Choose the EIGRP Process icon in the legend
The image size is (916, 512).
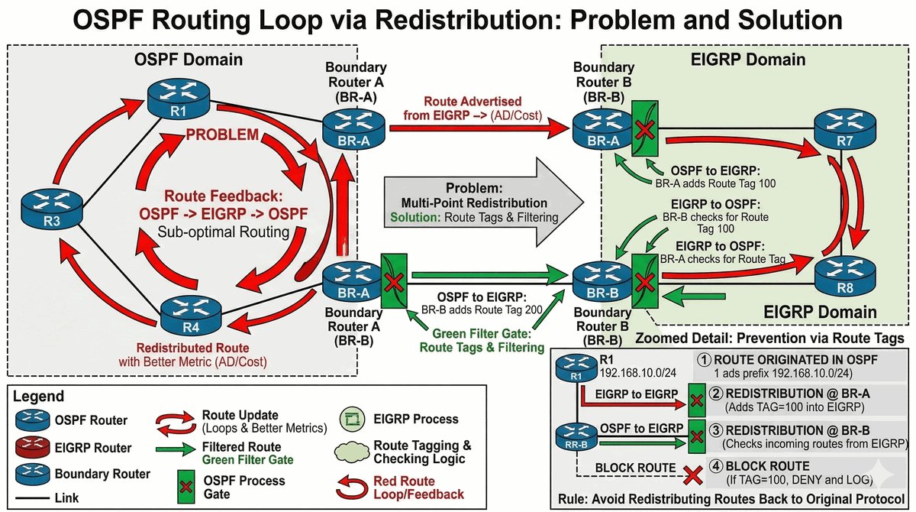coord(352,419)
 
